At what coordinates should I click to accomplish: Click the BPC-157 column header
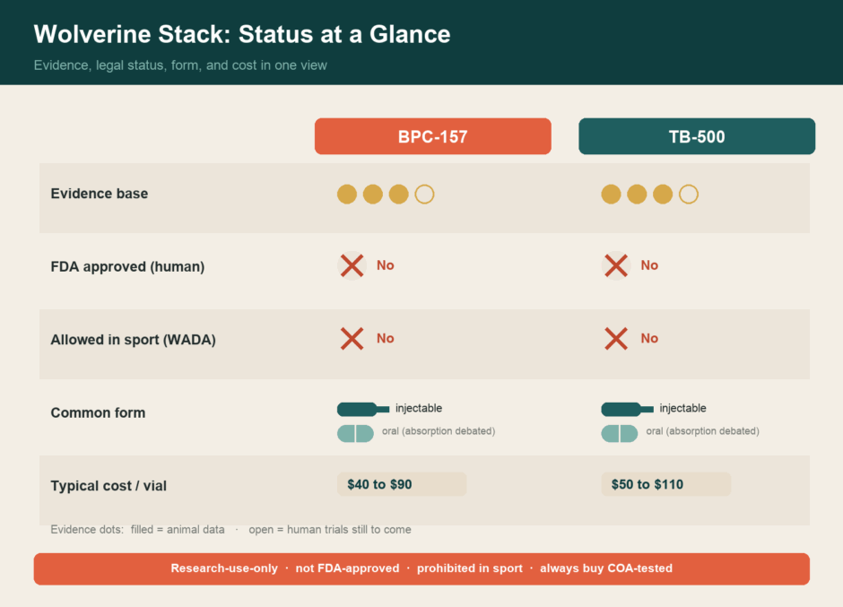[433, 136]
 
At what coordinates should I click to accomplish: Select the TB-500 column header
[697, 136]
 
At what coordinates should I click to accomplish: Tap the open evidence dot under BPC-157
[424, 194]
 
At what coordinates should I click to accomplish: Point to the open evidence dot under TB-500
[689, 194]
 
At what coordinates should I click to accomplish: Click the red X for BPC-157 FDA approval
[352, 265]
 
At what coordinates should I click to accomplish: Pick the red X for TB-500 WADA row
[616, 339]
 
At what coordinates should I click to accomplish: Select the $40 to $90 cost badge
[402, 484]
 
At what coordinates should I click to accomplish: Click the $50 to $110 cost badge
[665, 484]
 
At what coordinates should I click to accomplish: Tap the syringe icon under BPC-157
[363, 409]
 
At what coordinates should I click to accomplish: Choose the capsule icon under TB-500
[620, 433]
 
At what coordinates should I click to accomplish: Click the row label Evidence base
[99, 194]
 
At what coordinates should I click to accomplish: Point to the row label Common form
[98, 413]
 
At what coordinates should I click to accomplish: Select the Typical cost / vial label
[109, 486]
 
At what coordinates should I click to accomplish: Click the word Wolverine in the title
[92, 34]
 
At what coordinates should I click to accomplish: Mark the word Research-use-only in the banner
[224, 568]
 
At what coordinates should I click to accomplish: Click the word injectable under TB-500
[682, 408]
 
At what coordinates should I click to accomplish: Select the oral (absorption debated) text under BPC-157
[439, 431]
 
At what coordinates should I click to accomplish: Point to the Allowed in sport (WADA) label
[133, 340]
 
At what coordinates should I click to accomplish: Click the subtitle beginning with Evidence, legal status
[180, 65]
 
